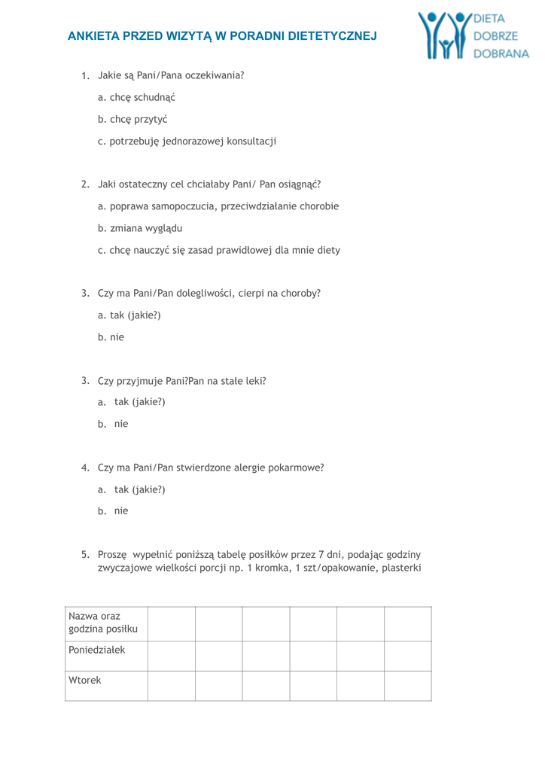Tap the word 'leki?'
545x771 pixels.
[254, 381]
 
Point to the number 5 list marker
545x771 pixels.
[86, 555]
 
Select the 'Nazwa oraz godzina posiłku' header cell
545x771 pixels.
[105, 623]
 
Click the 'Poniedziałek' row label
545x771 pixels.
[97, 650]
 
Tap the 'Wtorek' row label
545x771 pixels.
[85, 680]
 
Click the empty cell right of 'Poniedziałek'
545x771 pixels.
[172, 656]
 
